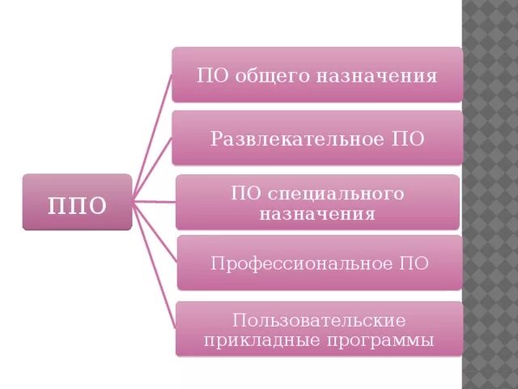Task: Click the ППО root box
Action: coord(77,202)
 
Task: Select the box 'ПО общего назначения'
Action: coord(317,75)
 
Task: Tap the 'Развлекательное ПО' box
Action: coord(317,137)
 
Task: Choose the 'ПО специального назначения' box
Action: coord(317,202)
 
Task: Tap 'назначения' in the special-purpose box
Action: coord(317,214)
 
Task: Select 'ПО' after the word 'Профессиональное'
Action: coord(413,263)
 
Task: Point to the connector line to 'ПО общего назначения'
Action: coord(154,138)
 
